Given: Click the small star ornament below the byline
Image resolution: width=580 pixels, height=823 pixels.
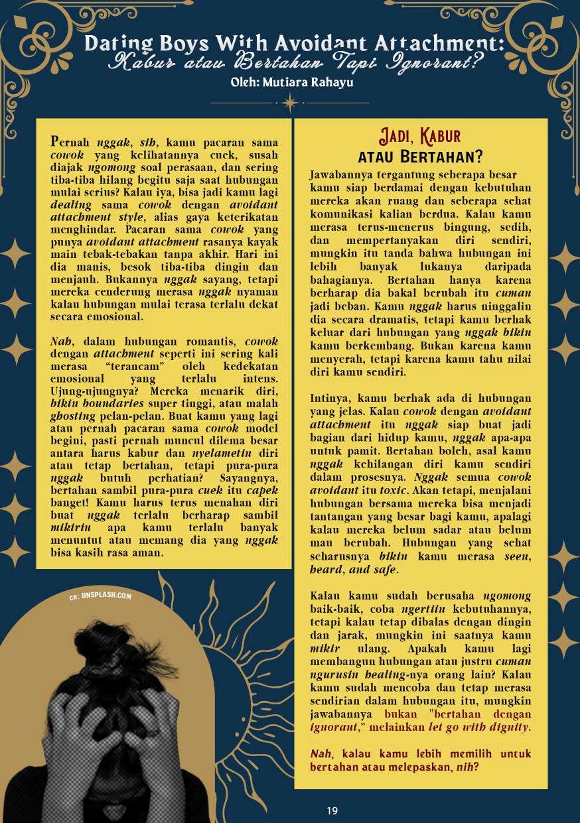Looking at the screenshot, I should click(290, 103).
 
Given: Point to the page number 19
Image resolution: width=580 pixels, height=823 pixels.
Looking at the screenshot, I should click(332, 810).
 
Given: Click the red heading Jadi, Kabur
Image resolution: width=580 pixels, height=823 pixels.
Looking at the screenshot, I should click(419, 137).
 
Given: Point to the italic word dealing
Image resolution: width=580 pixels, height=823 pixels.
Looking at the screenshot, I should click(71, 205).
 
